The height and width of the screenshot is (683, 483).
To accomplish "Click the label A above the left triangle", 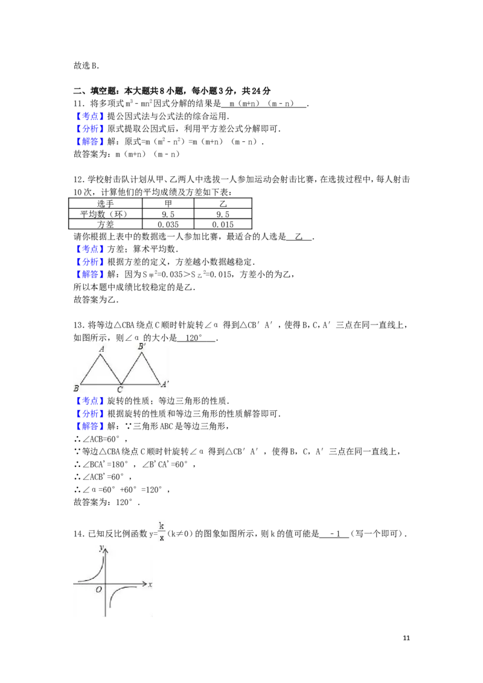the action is point(102,349).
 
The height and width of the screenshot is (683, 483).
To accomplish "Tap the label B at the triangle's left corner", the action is point(76,388).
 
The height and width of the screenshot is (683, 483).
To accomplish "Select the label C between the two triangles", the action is point(120,390).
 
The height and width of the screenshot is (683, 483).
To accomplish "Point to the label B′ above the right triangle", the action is point(141,346).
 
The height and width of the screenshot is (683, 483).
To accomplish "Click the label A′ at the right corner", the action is point(164,384).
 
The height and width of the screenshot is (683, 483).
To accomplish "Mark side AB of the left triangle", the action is point(91,369).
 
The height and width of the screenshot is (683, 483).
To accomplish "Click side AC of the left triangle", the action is point(111,369).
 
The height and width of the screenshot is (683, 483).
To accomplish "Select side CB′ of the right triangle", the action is point(132,368).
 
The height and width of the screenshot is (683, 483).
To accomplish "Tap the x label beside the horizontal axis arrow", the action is point(150,585).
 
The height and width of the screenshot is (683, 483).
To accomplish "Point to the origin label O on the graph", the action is point(98,589).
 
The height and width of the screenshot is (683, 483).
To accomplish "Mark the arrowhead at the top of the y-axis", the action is point(106,548).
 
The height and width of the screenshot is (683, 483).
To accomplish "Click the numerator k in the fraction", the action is point(161,526).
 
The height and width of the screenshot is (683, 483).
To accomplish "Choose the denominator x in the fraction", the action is point(161,538).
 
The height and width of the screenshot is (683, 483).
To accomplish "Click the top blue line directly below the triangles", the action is point(89,401).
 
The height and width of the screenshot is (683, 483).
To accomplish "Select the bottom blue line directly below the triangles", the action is point(89,427).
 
